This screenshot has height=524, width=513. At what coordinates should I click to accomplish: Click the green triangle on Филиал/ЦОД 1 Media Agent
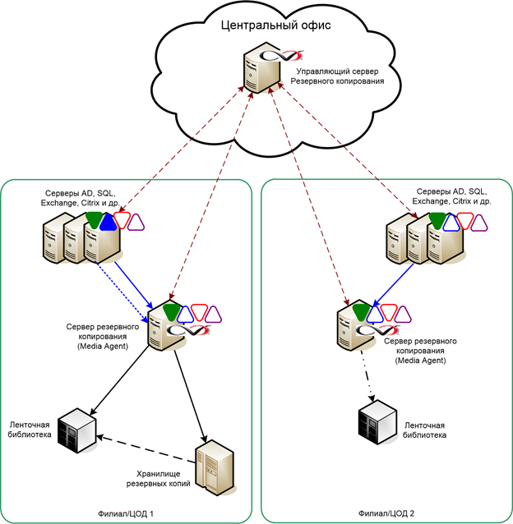[171, 311]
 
